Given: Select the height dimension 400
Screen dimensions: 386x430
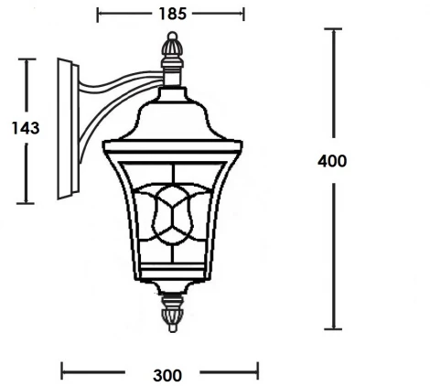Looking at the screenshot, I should [332, 161].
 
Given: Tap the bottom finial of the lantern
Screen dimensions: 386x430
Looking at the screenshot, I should [171, 313].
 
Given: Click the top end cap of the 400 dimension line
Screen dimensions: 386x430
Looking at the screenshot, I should [335, 29].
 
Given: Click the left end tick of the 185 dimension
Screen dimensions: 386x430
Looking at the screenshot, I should [98, 15].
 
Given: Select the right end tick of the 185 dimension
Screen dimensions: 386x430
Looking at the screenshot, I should [244, 15].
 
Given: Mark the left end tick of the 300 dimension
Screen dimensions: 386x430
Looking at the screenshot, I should [62, 371].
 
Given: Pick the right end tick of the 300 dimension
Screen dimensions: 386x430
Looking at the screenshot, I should [259, 371].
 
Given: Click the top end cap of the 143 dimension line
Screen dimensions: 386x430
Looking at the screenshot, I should [27, 59].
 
